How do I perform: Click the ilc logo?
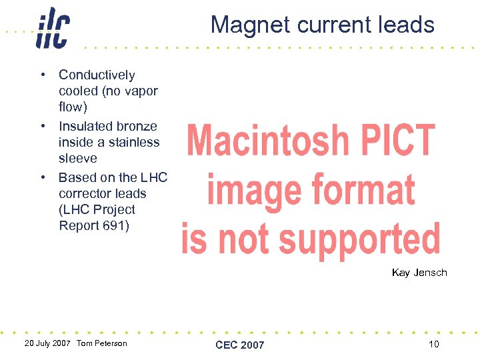tap(52, 27)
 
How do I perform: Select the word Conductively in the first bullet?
tap(97, 75)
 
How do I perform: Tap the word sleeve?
tap(78, 158)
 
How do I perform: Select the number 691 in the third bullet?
tap(116, 225)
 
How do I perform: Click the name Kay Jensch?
tap(419, 273)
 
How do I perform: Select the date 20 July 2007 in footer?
tap(47, 343)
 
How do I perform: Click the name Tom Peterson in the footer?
tap(102, 343)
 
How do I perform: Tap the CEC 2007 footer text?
tap(240, 345)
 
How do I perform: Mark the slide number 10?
tap(434, 344)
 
